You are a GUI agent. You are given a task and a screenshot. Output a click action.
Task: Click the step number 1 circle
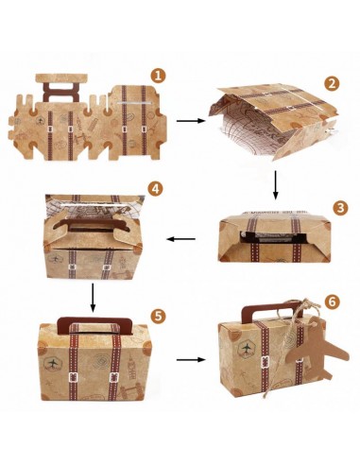click(158, 76)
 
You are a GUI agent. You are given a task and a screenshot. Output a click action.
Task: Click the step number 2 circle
click(332, 83)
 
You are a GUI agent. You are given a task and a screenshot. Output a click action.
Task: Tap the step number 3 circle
click(340, 208)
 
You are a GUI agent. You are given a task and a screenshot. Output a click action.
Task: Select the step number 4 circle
click(155, 189)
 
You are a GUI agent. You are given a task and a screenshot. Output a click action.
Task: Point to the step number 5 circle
click(158, 316)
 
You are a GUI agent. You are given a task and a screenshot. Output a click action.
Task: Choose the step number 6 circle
click(333, 301)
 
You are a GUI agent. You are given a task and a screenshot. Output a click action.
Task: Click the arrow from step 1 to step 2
click(191, 121)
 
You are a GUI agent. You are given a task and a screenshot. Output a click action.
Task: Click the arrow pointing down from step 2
click(276, 185)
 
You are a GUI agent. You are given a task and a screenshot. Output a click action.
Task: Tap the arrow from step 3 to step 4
click(180, 239)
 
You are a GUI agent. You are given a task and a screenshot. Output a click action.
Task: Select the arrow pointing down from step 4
click(93, 298)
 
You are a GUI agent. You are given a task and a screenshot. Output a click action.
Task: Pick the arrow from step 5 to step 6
click(191, 359)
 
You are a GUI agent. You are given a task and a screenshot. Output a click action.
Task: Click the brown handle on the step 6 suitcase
click(271, 308)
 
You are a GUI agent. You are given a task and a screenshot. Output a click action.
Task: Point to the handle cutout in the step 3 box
click(273, 238)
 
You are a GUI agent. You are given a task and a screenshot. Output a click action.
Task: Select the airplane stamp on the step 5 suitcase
click(53, 363)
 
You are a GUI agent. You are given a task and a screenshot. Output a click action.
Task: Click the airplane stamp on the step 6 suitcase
click(247, 349)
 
